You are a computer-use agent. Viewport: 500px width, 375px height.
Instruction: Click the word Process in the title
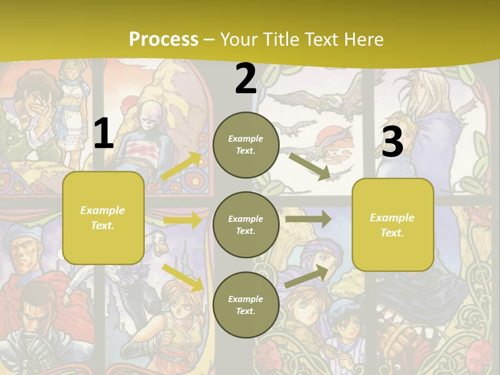(x=164, y=39)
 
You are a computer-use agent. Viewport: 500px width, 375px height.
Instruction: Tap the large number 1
(x=104, y=134)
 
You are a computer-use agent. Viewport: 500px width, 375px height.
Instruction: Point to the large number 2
(x=246, y=79)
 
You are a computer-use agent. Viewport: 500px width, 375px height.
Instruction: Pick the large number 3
(x=392, y=142)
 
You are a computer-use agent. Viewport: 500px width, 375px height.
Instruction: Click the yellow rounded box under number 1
(x=103, y=218)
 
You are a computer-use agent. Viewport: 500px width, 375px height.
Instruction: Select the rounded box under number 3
(x=393, y=224)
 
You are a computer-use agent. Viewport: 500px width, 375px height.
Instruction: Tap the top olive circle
(x=246, y=145)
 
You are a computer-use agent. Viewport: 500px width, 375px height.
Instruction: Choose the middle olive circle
(x=246, y=224)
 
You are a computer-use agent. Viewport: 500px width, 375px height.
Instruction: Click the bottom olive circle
(x=246, y=305)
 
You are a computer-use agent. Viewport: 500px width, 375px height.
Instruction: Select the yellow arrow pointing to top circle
(x=182, y=166)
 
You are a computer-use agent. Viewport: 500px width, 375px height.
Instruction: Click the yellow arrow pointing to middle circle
(x=182, y=220)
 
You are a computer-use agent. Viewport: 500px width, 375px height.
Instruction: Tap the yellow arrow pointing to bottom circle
(x=183, y=278)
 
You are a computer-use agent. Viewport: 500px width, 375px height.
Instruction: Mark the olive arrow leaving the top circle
(x=310, y=167)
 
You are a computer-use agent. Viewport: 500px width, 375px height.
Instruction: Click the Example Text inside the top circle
(x=246, y=145)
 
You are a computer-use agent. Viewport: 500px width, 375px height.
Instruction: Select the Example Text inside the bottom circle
(x=246, y=305)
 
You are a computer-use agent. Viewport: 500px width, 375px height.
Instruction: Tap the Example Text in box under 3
(x=392, y=225)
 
